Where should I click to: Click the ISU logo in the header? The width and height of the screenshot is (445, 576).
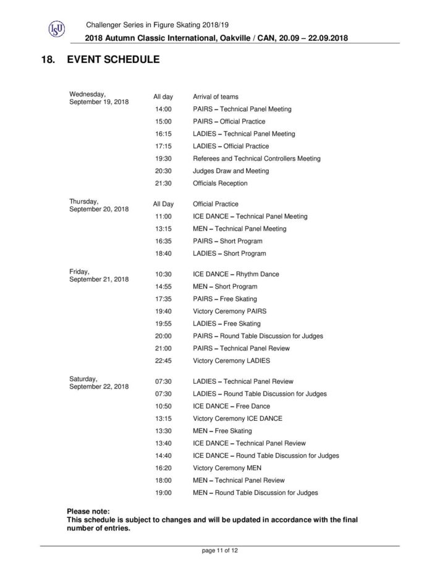(x=56, y=29)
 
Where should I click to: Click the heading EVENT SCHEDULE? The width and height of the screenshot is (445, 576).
(x=114, y=60)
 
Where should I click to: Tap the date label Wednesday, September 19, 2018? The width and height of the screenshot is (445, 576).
(x=99, y=98)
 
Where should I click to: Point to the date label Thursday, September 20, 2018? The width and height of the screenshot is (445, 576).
(x=99, y=205)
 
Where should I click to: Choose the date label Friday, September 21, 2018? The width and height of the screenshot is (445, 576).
(x=99, y=275)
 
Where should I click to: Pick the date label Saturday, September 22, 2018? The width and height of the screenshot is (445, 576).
(x=99, y=383)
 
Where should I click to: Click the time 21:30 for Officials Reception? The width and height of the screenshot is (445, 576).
(x=163, y=184)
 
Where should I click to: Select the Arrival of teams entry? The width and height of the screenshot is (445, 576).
(x=216, y=97)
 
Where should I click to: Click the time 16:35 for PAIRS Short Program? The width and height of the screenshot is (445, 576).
(x=163, y=241)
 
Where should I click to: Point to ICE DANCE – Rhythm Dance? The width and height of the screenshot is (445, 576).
(x=234, y=274)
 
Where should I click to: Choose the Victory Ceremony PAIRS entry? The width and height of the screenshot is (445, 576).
(x=229, y=311)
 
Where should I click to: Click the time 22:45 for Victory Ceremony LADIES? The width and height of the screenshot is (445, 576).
(x=163, y=361)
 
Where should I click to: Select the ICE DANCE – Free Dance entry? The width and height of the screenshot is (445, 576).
(x=231, y=406)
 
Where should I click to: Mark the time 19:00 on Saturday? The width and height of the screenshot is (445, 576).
(x=163, y=493)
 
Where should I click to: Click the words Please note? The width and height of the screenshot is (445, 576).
(x=88, y=512)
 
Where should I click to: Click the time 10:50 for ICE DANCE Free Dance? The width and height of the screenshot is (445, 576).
(x=163, y=406)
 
